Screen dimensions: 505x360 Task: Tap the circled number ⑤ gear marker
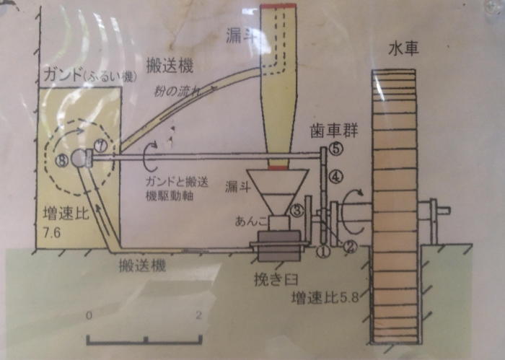pyautogui.click(x=335, y=149)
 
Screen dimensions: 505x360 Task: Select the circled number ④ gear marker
pyautogui.click(x=335, y=175)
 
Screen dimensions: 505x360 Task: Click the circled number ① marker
pyautogui.click(x=324, y=251)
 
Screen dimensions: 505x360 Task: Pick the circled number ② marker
pyautogui.click(x=350, y=245)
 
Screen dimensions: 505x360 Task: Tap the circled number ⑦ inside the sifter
pyautogui.click(x=99, y=146)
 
